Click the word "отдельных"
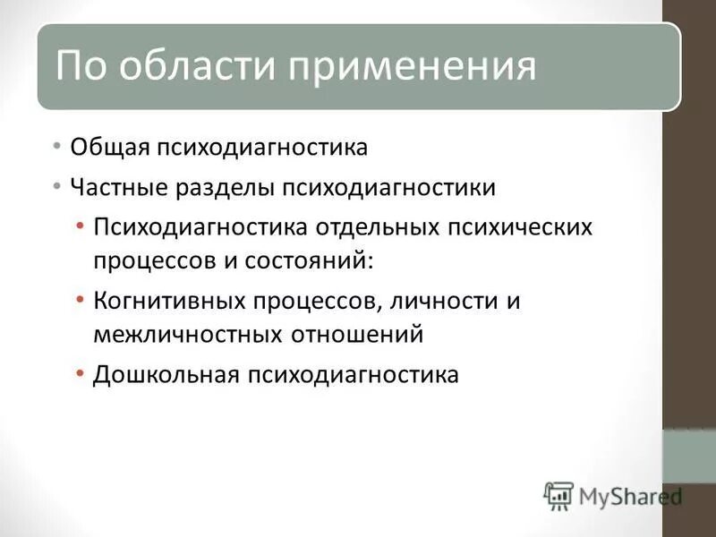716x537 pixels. (377, 226)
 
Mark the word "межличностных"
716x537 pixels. (186, 334)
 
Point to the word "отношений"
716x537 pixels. (355, 334)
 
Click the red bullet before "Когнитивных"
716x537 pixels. (81, 299)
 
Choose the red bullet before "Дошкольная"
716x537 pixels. (81, 372)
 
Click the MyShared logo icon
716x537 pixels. (558, 495)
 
